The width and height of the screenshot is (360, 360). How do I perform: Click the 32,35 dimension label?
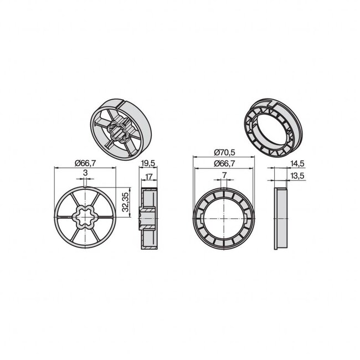pos(126,203)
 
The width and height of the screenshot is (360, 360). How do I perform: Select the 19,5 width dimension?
pos(147,162)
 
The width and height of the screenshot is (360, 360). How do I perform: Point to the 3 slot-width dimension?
pos(85,173)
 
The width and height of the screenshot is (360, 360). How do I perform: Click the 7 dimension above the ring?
pos(224,174)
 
